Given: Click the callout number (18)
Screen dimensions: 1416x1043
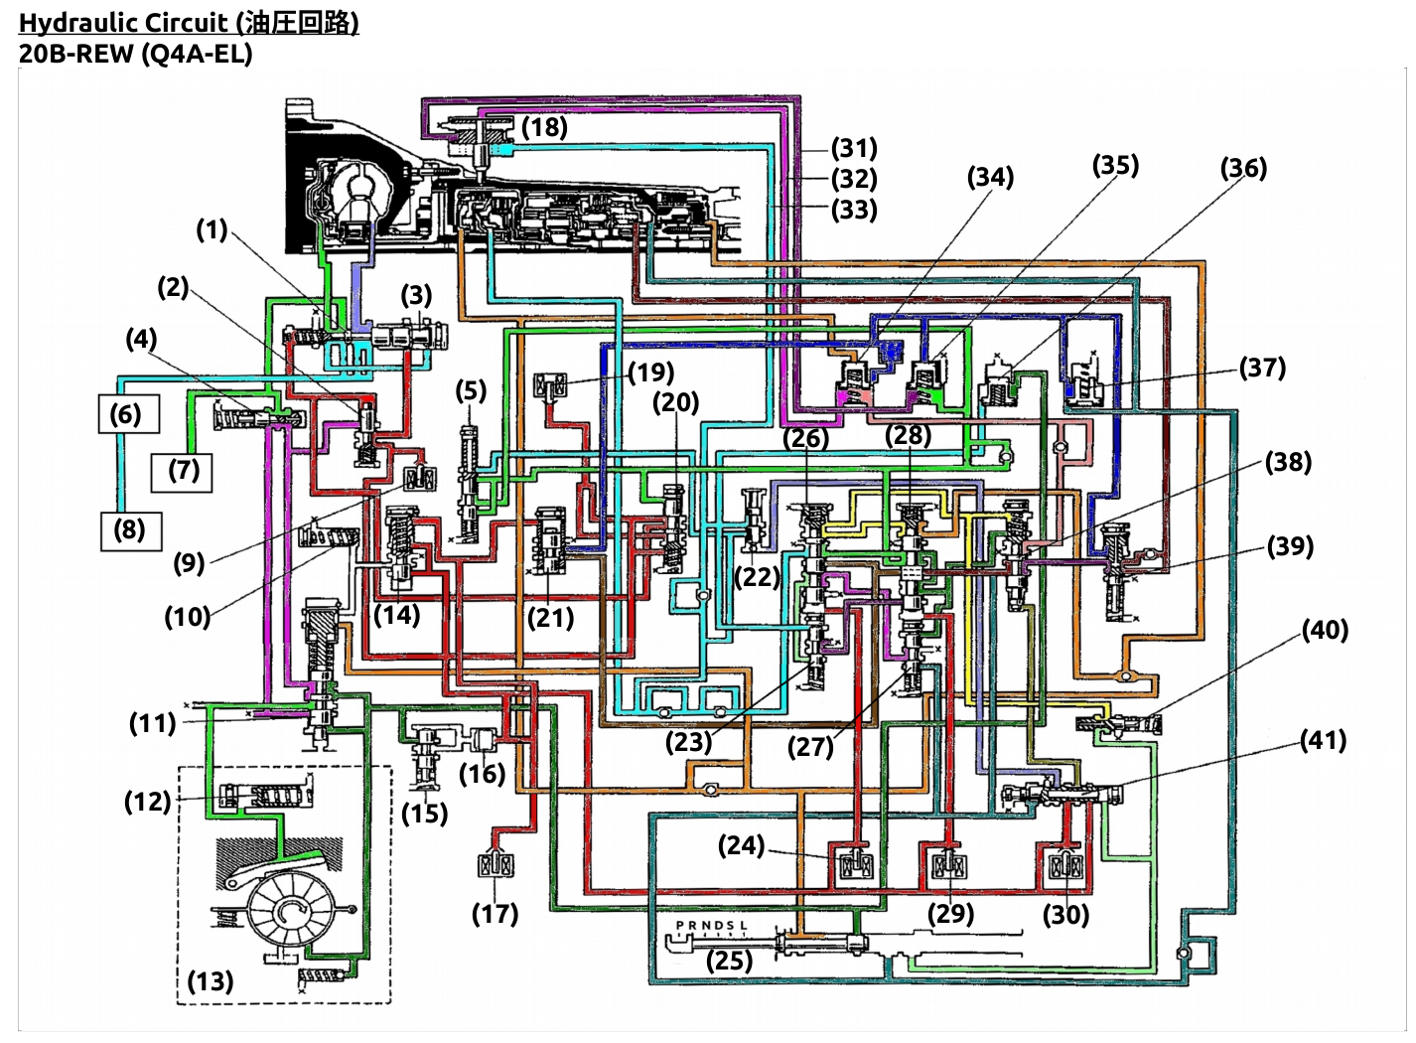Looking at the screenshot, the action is [544, 127].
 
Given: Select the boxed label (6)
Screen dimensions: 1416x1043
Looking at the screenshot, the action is [128, 414].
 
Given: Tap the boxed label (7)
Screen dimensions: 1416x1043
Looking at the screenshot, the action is [182, 472].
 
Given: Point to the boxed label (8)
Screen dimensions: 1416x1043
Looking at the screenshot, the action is [131, 531].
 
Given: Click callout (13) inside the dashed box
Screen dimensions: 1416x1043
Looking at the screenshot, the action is [211, 981].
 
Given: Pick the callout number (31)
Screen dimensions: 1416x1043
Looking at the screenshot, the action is [854, 148].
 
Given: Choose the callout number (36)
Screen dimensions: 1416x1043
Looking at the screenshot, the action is [1243, 168].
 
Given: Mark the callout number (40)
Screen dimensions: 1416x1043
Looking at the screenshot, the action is [1325, 630].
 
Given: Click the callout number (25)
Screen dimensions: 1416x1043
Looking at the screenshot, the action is [729, 961].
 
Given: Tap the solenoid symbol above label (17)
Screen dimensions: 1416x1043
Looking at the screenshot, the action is [496, 864].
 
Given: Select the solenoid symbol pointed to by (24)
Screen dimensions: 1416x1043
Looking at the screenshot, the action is [856, 864].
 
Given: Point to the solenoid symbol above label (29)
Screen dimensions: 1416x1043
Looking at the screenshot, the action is [949, 864].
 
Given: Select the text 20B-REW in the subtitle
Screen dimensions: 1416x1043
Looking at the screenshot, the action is [75, 54].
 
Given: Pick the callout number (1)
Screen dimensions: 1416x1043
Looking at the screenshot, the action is [212, 229].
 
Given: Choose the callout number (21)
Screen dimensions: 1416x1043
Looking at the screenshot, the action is [550, 618].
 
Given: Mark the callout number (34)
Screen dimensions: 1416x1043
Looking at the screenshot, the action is [990, 177].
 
